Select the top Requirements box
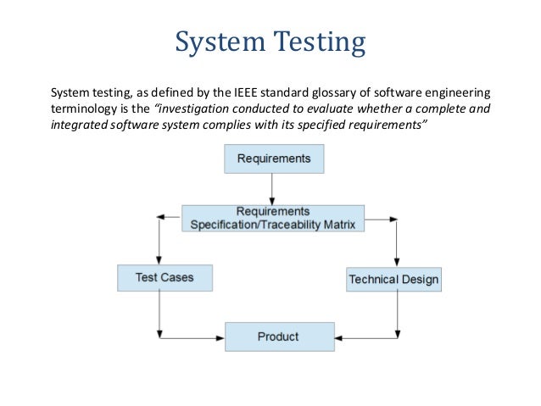point(273,159)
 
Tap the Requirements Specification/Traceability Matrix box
point(272,218)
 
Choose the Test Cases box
point(164,277)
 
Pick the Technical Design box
point(393,279)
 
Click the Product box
point(278,336)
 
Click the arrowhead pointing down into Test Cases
point(159,259)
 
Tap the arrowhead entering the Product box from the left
point(219,338)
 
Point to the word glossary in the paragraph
point(330,92)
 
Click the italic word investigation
point(188,108)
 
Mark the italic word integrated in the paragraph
point(81,125)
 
